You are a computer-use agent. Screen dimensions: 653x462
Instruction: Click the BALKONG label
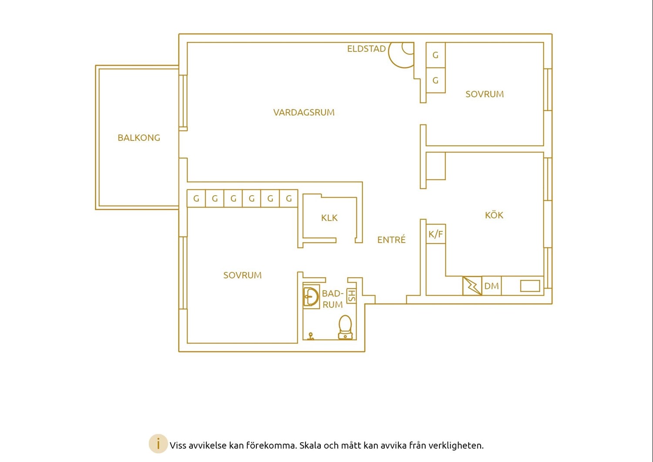pos(139,138)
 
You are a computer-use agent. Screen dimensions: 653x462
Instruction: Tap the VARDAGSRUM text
pos(304,112)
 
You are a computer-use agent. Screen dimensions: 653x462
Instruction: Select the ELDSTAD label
pos(366,49)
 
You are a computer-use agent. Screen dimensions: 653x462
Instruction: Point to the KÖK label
pos(494,215)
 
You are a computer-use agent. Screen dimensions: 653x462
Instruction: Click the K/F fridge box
pos(435,234)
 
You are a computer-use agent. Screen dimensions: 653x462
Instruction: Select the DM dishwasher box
pos(491,286)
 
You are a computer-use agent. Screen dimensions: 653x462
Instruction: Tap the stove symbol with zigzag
pos(472,286)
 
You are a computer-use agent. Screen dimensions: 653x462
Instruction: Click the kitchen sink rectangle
pos(530,286)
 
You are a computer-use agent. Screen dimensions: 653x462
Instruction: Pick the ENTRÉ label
pos(391,240)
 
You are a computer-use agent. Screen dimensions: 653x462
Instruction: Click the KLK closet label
pos(329,218)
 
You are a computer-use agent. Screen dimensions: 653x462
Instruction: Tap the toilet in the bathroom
pos(346,327)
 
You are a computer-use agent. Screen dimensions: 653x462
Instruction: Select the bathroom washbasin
pos(311,297)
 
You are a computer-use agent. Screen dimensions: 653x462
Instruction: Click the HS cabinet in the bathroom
pos(352,296)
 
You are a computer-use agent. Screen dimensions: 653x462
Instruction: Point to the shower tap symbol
pos(311,336)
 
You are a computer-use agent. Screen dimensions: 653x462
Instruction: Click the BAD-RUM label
pos(333,299)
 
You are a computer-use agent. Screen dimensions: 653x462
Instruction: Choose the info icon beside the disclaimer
pos(158,444)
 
